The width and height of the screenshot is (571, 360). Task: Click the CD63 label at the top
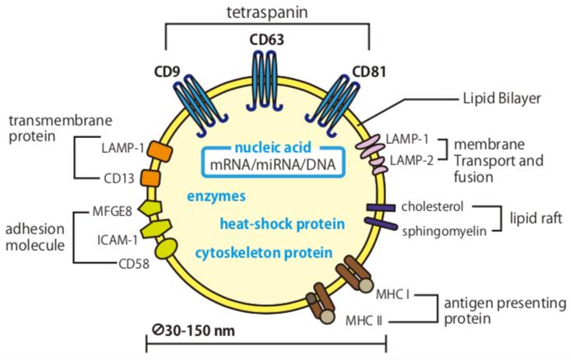[267, 39]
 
